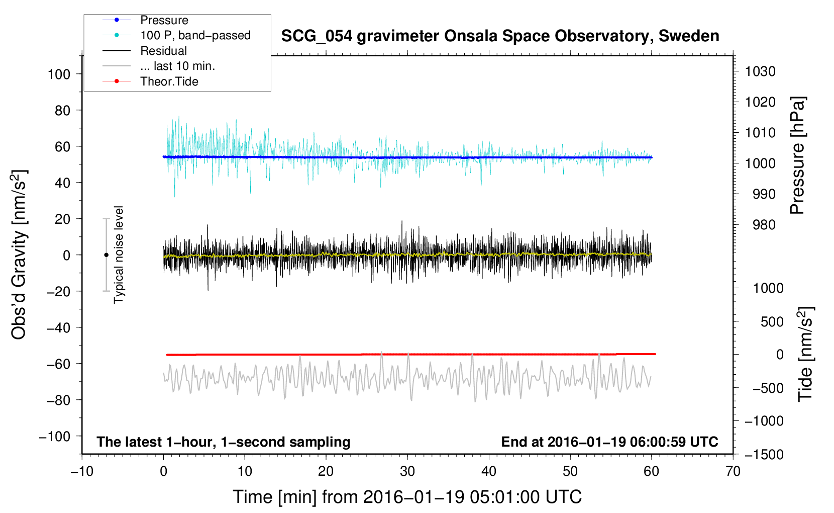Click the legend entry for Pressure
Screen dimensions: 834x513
pyautogui.click(x=146, y=20)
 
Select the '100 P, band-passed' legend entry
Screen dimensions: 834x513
pyautogui.click(x=176, y=35)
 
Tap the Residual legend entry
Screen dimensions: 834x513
pyautogui.click(x=145, y=51)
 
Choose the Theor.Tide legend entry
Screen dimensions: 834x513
pyautogui.click(x=150, y=81)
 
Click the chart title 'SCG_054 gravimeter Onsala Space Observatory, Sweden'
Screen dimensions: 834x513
pyautogui.click(x=500, y=36)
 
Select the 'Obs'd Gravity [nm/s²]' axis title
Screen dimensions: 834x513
pyautogui.click(x=19, y=255)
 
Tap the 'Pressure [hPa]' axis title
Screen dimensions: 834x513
pyautogui.click(x=797, y=155)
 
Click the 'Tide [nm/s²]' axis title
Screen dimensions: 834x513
pyautogui.click(x=806, y=354)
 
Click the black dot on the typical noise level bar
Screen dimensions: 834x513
pyautogui.click(x=106, y=255)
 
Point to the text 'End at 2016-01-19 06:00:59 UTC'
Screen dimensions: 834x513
pyautogui.click(x=609, y=442)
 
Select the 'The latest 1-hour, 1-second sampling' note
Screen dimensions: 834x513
pyautogui.click(x=224, y=442)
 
